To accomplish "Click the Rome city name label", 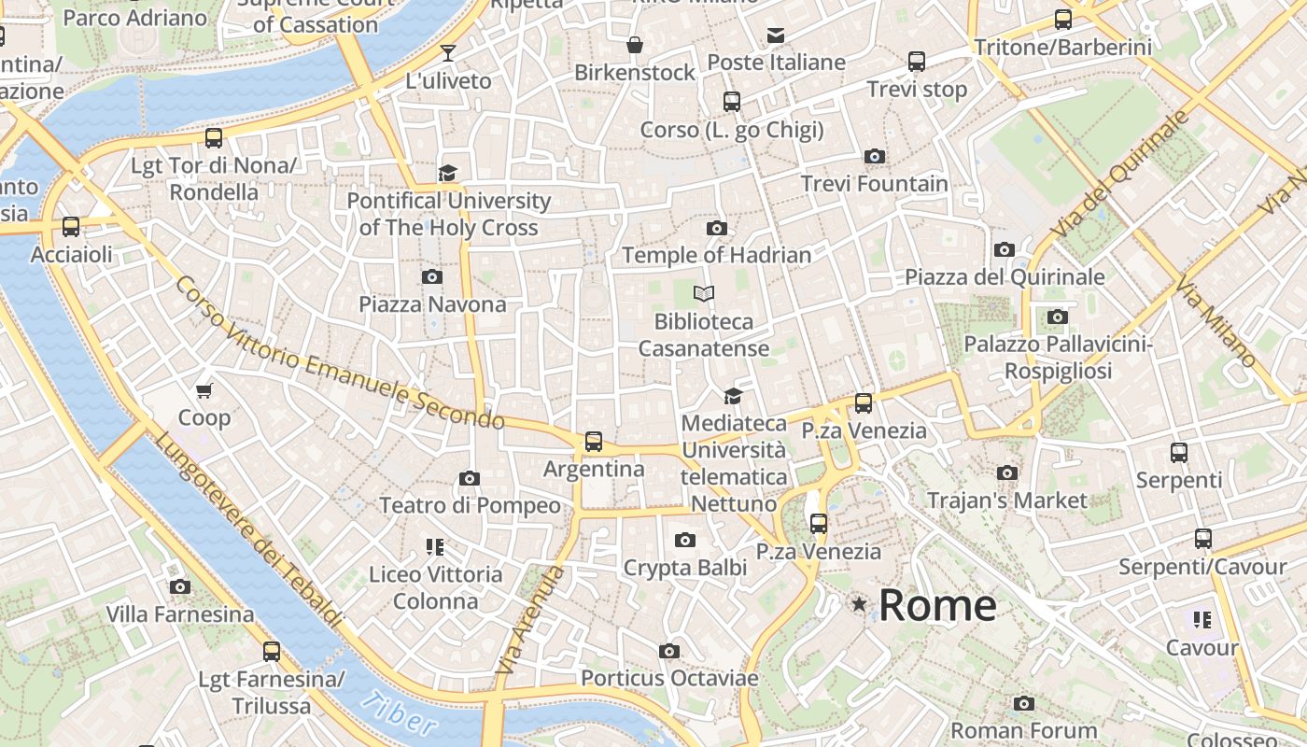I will (x=937, y=605).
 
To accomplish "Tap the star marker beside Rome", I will (x=859, y=605).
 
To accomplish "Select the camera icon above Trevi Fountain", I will (x=875, y=156).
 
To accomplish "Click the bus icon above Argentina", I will (x=594, y=441).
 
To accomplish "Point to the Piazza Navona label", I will (x=432, y=304).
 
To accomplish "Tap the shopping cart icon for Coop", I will (x=204, y=390).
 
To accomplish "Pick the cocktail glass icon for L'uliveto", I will (x=448, y=53).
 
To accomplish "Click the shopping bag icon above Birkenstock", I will (x=635, y=45).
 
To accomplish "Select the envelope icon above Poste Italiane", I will (x=776, y=35).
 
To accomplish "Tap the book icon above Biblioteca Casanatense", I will (x=704, y=294).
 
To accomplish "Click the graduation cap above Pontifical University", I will (x=448, y=173).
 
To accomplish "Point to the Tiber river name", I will (x=400, y=714).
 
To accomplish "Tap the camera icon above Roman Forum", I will (x=1024, y=703).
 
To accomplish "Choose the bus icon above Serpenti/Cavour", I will (x=1203, y=539).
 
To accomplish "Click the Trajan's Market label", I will (x=1007, y=500).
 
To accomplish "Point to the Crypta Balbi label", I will (x=685, y=568).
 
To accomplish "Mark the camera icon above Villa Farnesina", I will (x=180, y=586).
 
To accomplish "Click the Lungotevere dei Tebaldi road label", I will (x=246, y=529).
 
